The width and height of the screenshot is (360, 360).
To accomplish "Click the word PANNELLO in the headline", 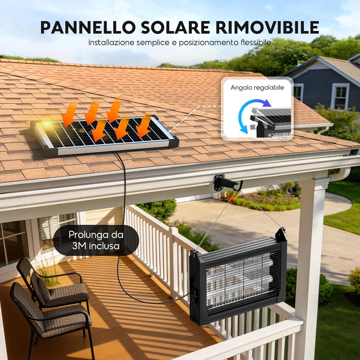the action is click(88, 28).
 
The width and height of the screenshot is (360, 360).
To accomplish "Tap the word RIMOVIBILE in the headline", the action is click(267, 28).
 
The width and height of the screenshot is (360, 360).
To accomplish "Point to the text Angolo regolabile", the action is click(257, 88).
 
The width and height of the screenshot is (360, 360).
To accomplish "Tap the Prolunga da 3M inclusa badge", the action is click(96, 240).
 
